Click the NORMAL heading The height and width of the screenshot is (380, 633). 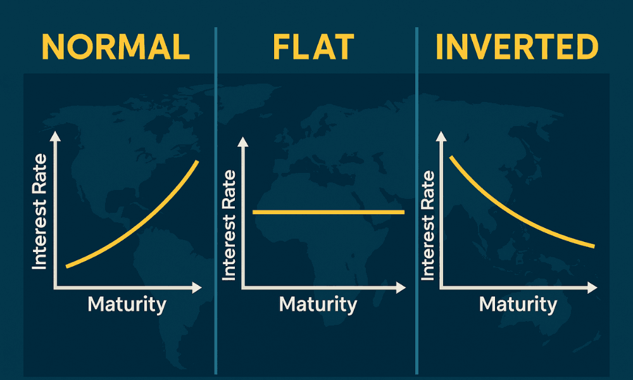[x=115, y=47]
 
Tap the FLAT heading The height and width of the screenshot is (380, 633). [x=313, y=47]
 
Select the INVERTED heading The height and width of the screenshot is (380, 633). [x=517, y=47]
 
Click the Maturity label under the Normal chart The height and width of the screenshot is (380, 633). [x=127, y=305]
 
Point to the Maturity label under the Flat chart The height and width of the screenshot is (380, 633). [x=318, y=305]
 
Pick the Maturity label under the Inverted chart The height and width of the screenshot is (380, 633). [x=518, y=305]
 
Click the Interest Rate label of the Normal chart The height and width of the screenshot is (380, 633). [x=39, y=212]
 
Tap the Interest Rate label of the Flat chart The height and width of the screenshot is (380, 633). [x=229, y=225]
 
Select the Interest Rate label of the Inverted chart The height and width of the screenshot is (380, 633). [x=427, y=225]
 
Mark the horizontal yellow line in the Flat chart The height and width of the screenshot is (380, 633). [x=329, y=212]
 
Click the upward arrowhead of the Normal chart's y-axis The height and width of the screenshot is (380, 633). [x=55, y=137]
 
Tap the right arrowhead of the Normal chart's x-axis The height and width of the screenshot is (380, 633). [x=197, y=288]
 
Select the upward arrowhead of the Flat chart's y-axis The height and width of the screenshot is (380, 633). [x=243, y=142]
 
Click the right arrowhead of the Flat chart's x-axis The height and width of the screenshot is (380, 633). [x=401, y=288]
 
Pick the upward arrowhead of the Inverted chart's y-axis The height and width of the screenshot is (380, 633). [x=441, y=137]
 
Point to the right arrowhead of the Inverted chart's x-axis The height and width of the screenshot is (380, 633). [x=592, y=288]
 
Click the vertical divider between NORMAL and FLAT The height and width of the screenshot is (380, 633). [x=216, y=201]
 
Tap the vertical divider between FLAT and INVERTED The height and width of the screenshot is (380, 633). [x=417, y=201]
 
